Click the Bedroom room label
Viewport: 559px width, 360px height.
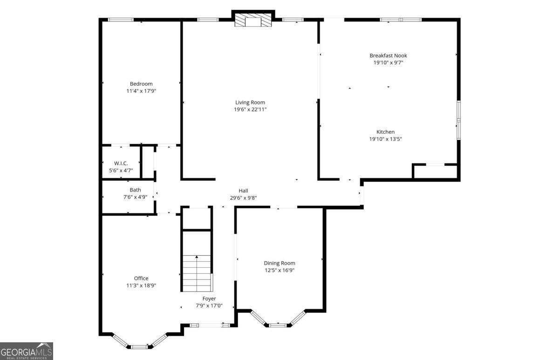(141, 84)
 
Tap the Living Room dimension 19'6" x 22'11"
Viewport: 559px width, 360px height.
(250, 109)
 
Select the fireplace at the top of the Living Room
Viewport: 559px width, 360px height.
(253, 20)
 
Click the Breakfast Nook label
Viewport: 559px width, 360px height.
(388, 55)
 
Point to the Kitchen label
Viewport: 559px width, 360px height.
(385, 132)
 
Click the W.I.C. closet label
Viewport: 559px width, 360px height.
(121, 163)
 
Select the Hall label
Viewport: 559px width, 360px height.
(243, 190)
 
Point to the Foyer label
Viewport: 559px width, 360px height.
(209, 299)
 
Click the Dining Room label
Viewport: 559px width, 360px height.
(279, 263)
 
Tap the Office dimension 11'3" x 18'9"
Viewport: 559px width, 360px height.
(141, 285)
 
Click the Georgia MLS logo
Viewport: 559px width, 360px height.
(27, 351)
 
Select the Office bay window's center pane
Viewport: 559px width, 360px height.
(138, 346)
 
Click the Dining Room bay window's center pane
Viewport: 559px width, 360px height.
(278, 325)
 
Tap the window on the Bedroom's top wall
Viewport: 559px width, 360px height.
(121, 20)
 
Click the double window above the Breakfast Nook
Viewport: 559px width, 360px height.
(401, 20)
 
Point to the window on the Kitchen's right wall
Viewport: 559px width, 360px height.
(458, 120)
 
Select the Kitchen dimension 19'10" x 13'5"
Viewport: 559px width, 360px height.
(385, 139)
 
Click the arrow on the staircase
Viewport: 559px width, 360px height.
(197, 257)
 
